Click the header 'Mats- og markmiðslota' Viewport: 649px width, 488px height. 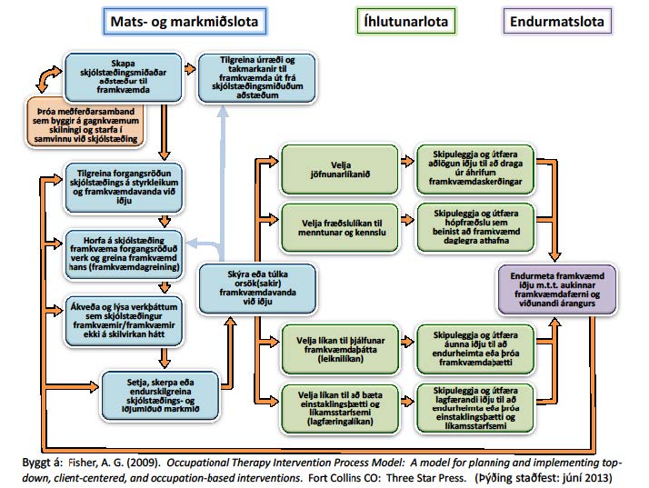185,21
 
